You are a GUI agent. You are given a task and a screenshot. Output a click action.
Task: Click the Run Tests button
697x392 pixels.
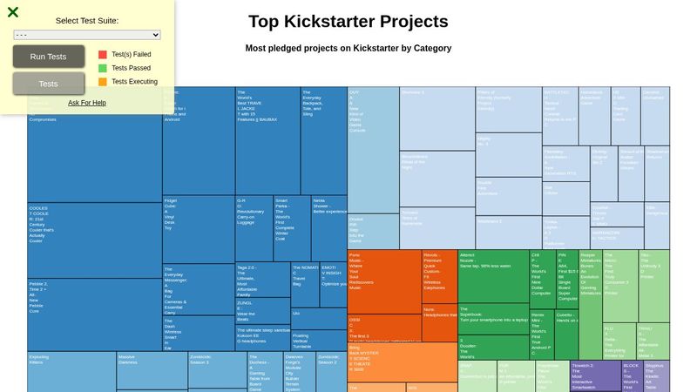click(48, 57)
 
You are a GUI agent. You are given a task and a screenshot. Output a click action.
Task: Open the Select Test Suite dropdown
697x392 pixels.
click(87, 35)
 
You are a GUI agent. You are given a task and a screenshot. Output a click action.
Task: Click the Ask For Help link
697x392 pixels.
click(87, 103)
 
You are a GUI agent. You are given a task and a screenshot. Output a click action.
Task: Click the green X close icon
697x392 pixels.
click(13, 12)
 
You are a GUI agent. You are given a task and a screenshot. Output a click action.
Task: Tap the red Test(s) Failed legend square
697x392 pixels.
click(103, 54)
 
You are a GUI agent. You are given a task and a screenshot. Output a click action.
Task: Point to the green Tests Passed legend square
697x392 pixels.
click(103, 68)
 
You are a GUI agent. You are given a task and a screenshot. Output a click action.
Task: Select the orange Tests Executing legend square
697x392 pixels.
click(103, 82)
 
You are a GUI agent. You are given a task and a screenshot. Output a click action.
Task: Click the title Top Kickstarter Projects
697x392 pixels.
click(348, 22)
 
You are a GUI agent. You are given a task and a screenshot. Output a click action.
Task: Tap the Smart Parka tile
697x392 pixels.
click(292, 227)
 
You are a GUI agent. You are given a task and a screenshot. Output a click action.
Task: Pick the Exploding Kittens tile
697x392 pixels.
click(71, 370)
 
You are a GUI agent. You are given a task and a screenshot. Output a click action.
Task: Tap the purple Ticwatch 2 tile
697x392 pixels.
click(595, 375)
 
